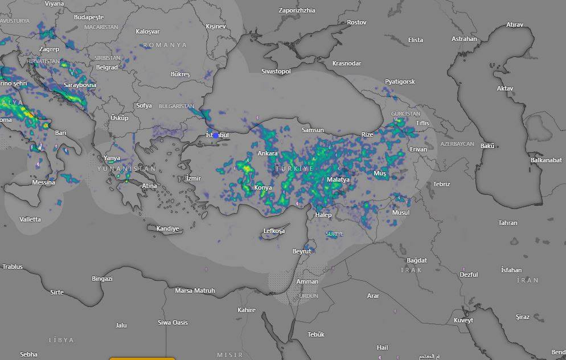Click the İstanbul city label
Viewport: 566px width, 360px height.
[217, 134]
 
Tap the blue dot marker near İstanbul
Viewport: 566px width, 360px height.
[216, 136]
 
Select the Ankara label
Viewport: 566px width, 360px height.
[268, 153]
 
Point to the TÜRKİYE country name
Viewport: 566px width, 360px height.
[294, 169]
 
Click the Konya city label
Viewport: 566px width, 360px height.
[263, 187]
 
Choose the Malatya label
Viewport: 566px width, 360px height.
[338, 179]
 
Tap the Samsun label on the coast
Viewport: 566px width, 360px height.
[313, 130]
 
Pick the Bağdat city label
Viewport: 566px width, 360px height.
[416, 260]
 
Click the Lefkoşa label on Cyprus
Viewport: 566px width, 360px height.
[274, 231]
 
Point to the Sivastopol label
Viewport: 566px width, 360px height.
[276, 71]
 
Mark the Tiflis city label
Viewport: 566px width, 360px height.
[423, 123]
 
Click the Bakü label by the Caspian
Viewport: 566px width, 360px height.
[487, 146]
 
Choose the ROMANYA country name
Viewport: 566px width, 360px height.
[165, 44]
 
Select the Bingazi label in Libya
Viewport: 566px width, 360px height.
[102, 279]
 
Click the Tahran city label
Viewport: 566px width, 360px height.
[508, 223]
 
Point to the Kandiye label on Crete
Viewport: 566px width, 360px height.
[168, 228]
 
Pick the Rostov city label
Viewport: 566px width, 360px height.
[356, 22]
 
